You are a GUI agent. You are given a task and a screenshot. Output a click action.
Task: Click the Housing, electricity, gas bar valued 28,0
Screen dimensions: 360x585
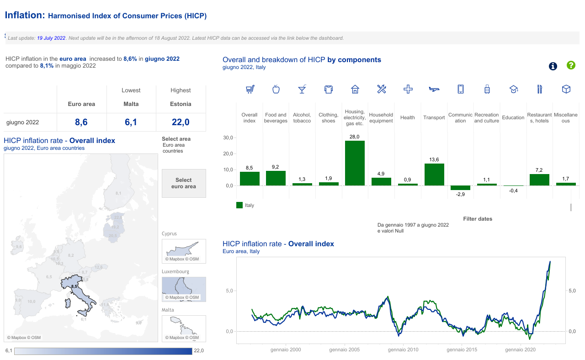pos(355,163)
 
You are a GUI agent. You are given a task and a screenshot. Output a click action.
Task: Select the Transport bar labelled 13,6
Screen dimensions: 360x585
pos(434,175)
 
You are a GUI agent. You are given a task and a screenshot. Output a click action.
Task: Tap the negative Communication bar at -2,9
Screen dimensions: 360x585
pos(460,188)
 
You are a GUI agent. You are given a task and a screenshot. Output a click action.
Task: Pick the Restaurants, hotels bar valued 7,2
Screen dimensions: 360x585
pos(539,180)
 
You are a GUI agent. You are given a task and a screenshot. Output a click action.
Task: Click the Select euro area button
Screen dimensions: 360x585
pos(184,183)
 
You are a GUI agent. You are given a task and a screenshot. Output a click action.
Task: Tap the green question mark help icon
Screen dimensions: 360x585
pos(571,65)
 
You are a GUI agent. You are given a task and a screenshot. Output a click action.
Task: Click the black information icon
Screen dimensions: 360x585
pos(553,66)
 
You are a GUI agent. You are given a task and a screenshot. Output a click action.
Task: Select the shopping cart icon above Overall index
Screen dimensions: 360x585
pos(250,89)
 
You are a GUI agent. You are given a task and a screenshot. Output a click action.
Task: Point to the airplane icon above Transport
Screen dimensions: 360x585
pos(434,89)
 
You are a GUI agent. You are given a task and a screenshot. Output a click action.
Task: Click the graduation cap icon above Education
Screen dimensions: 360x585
pos(513,90)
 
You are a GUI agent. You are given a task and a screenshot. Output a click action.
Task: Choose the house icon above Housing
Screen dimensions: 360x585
pos(355,89)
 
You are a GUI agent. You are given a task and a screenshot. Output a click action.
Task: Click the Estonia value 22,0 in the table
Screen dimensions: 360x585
pos(181,122)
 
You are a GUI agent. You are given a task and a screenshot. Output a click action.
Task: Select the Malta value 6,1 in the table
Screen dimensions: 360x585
pos(131,122)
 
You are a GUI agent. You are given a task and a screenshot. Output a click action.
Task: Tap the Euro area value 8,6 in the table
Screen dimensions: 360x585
pos(81,122)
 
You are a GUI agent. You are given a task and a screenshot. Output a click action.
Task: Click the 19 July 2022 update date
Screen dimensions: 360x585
pos(51,38)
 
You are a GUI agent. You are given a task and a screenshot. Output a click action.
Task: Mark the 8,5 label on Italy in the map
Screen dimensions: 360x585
pos(74,286)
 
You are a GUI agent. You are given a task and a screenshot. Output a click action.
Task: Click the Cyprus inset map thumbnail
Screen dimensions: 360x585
pos(184,250)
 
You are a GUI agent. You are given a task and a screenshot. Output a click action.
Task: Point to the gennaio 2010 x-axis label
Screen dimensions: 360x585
pos(403,350)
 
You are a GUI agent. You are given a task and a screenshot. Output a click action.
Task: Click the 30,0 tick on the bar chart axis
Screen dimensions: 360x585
pos(228,138)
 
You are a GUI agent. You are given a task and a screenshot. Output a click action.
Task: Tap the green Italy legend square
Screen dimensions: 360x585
pos(239,206)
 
